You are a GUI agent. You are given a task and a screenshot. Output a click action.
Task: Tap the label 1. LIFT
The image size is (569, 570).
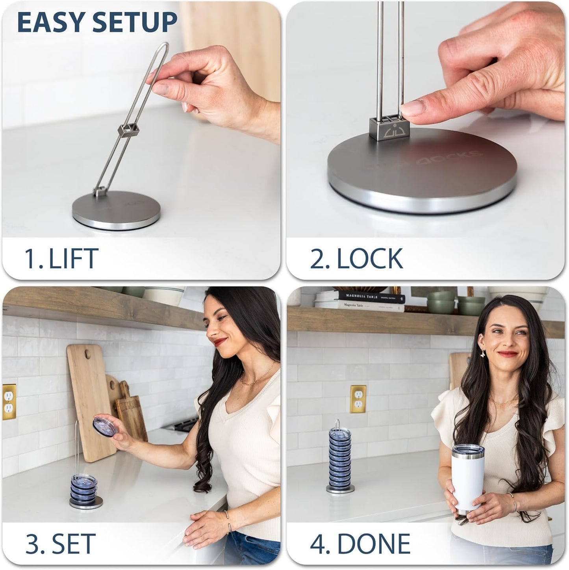tap(61, 258)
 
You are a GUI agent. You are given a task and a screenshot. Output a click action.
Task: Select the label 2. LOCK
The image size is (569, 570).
tap(356, 258)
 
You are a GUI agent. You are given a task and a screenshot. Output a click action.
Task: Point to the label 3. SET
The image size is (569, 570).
tap(60, 544)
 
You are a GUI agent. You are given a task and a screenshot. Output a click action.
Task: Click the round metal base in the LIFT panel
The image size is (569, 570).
tap(117, 211)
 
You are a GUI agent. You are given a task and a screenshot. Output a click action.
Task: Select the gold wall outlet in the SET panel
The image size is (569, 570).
tap(9, 402)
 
